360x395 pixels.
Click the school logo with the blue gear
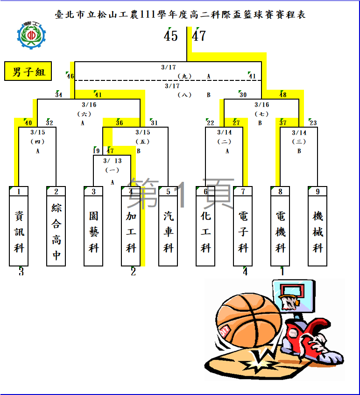[x=31, y=35]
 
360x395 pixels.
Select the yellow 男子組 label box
[x=28, y=72]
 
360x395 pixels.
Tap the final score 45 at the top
[x=171, y=36]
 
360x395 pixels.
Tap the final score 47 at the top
[x=199, y=36]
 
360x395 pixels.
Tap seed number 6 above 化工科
[x=205, y=192]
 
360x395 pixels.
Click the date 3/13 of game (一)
[x=113, y=161]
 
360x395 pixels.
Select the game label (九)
[x=184, y=76]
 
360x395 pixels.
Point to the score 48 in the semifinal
[x=283, y=95]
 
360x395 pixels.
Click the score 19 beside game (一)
[x=96, y=151]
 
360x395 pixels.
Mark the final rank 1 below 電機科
[x=282, y=272]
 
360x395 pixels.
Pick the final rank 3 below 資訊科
[x=21, y=272]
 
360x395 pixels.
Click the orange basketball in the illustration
[x=249, y=321]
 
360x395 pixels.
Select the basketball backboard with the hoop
[x=294, y=296]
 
